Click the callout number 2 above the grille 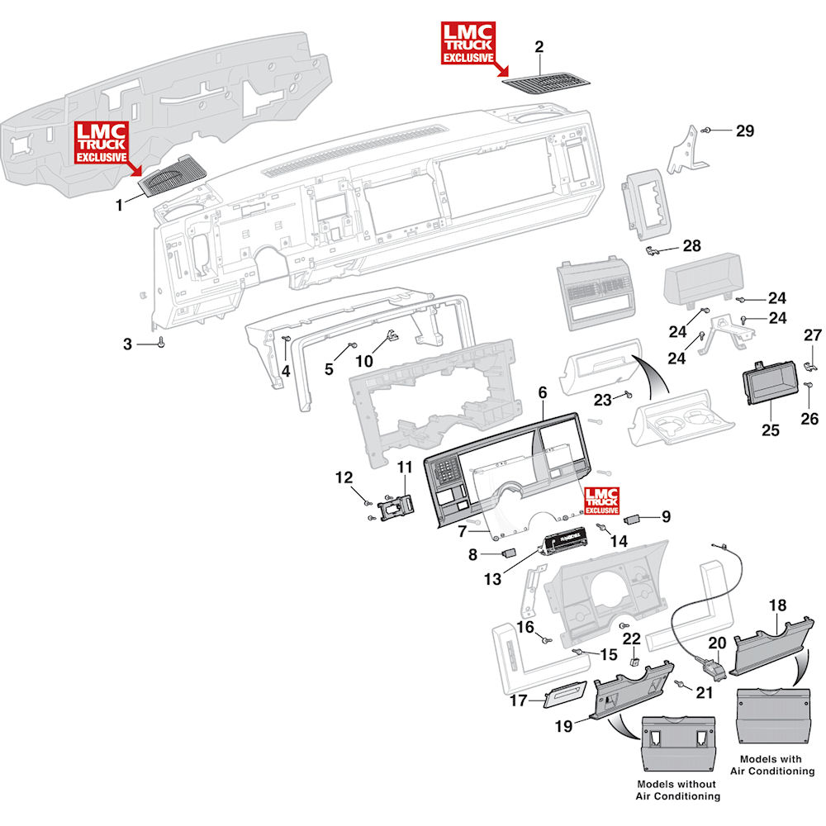pos(539,47)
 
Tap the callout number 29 pos(745,131)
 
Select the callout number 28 pos(691,245)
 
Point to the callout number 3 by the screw pos(127,344)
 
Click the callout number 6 pos(543,392)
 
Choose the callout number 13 pos(492,579)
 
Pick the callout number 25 pos(770,430)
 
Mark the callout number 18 pos(777,605)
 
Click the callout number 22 pos(632,639)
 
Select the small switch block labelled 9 pos(631,520)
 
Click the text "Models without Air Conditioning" pos(677,790)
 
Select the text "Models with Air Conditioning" pos(771,765)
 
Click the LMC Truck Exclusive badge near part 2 pos(468,43)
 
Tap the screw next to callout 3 pos(161,343)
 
